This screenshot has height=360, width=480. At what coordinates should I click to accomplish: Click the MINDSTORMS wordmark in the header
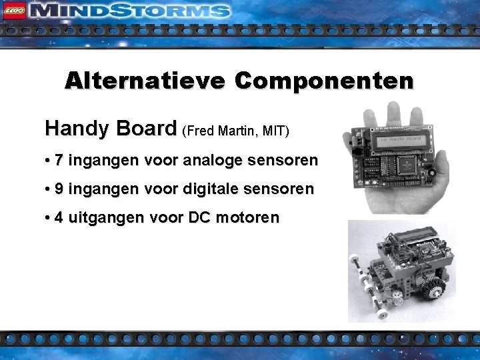pos(130,11)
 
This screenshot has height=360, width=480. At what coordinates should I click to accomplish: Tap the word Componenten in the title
pos(324,81)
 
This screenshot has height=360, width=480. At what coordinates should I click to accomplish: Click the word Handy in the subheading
pos(72,129)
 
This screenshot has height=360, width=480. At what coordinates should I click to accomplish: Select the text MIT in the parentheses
pos(275,131)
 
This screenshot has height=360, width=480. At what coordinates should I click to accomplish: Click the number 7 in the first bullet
pos(59,161)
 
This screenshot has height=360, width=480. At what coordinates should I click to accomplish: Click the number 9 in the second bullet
pos(59,189)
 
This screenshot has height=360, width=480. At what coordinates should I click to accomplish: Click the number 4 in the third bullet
pos(59,218)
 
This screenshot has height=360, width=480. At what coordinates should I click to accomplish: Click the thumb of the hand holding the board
pos(351,139)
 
